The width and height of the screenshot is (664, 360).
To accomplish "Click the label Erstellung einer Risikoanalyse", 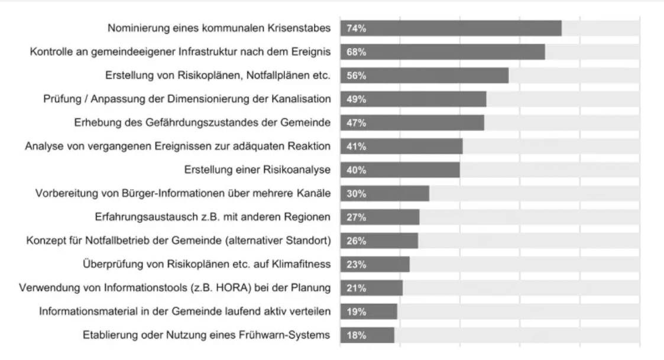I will click(257, 170).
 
